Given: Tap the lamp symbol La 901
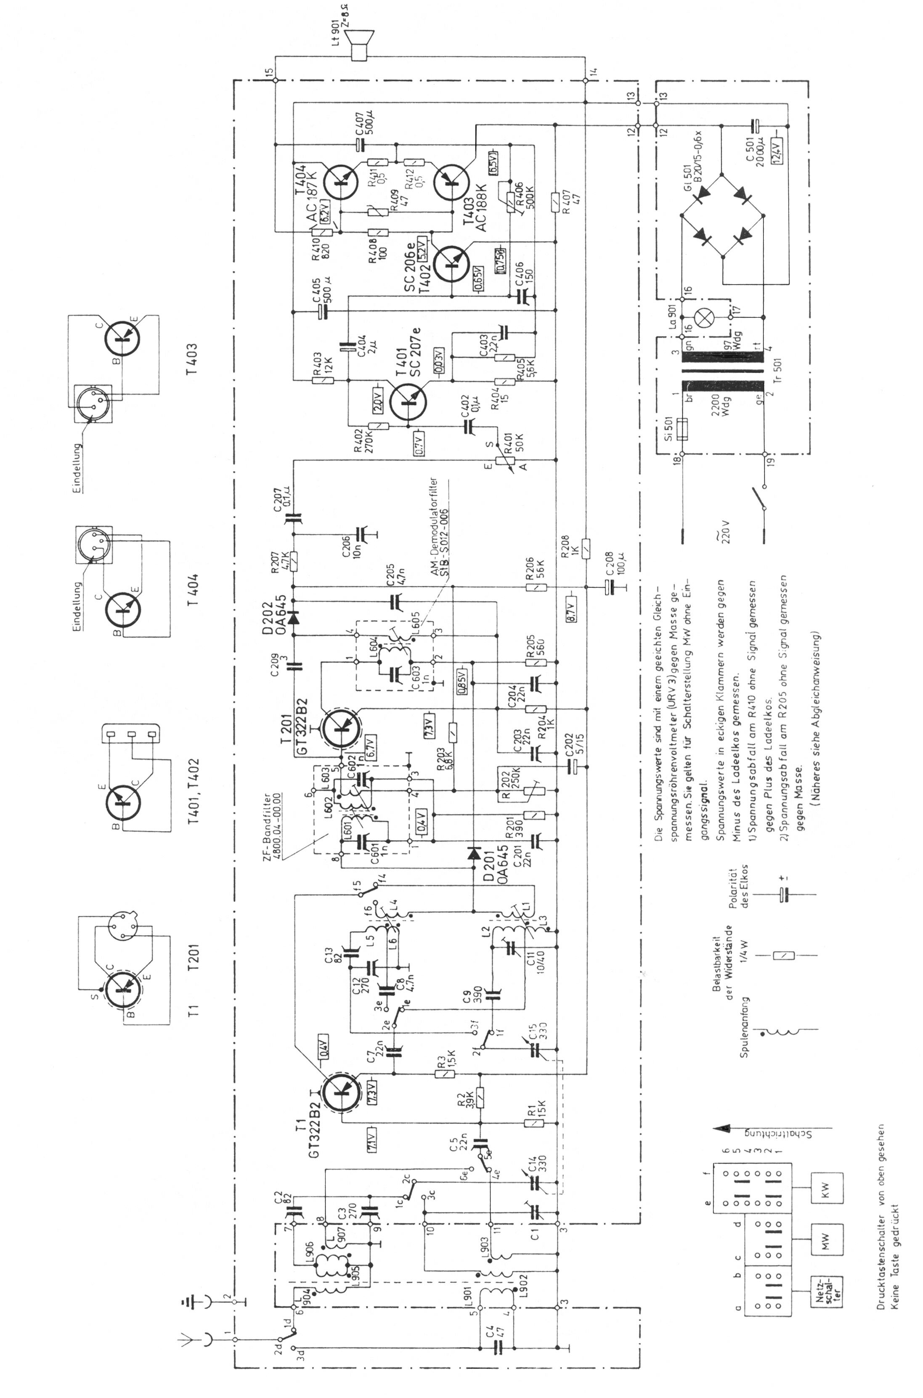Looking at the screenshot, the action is (x=704, y=318).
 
